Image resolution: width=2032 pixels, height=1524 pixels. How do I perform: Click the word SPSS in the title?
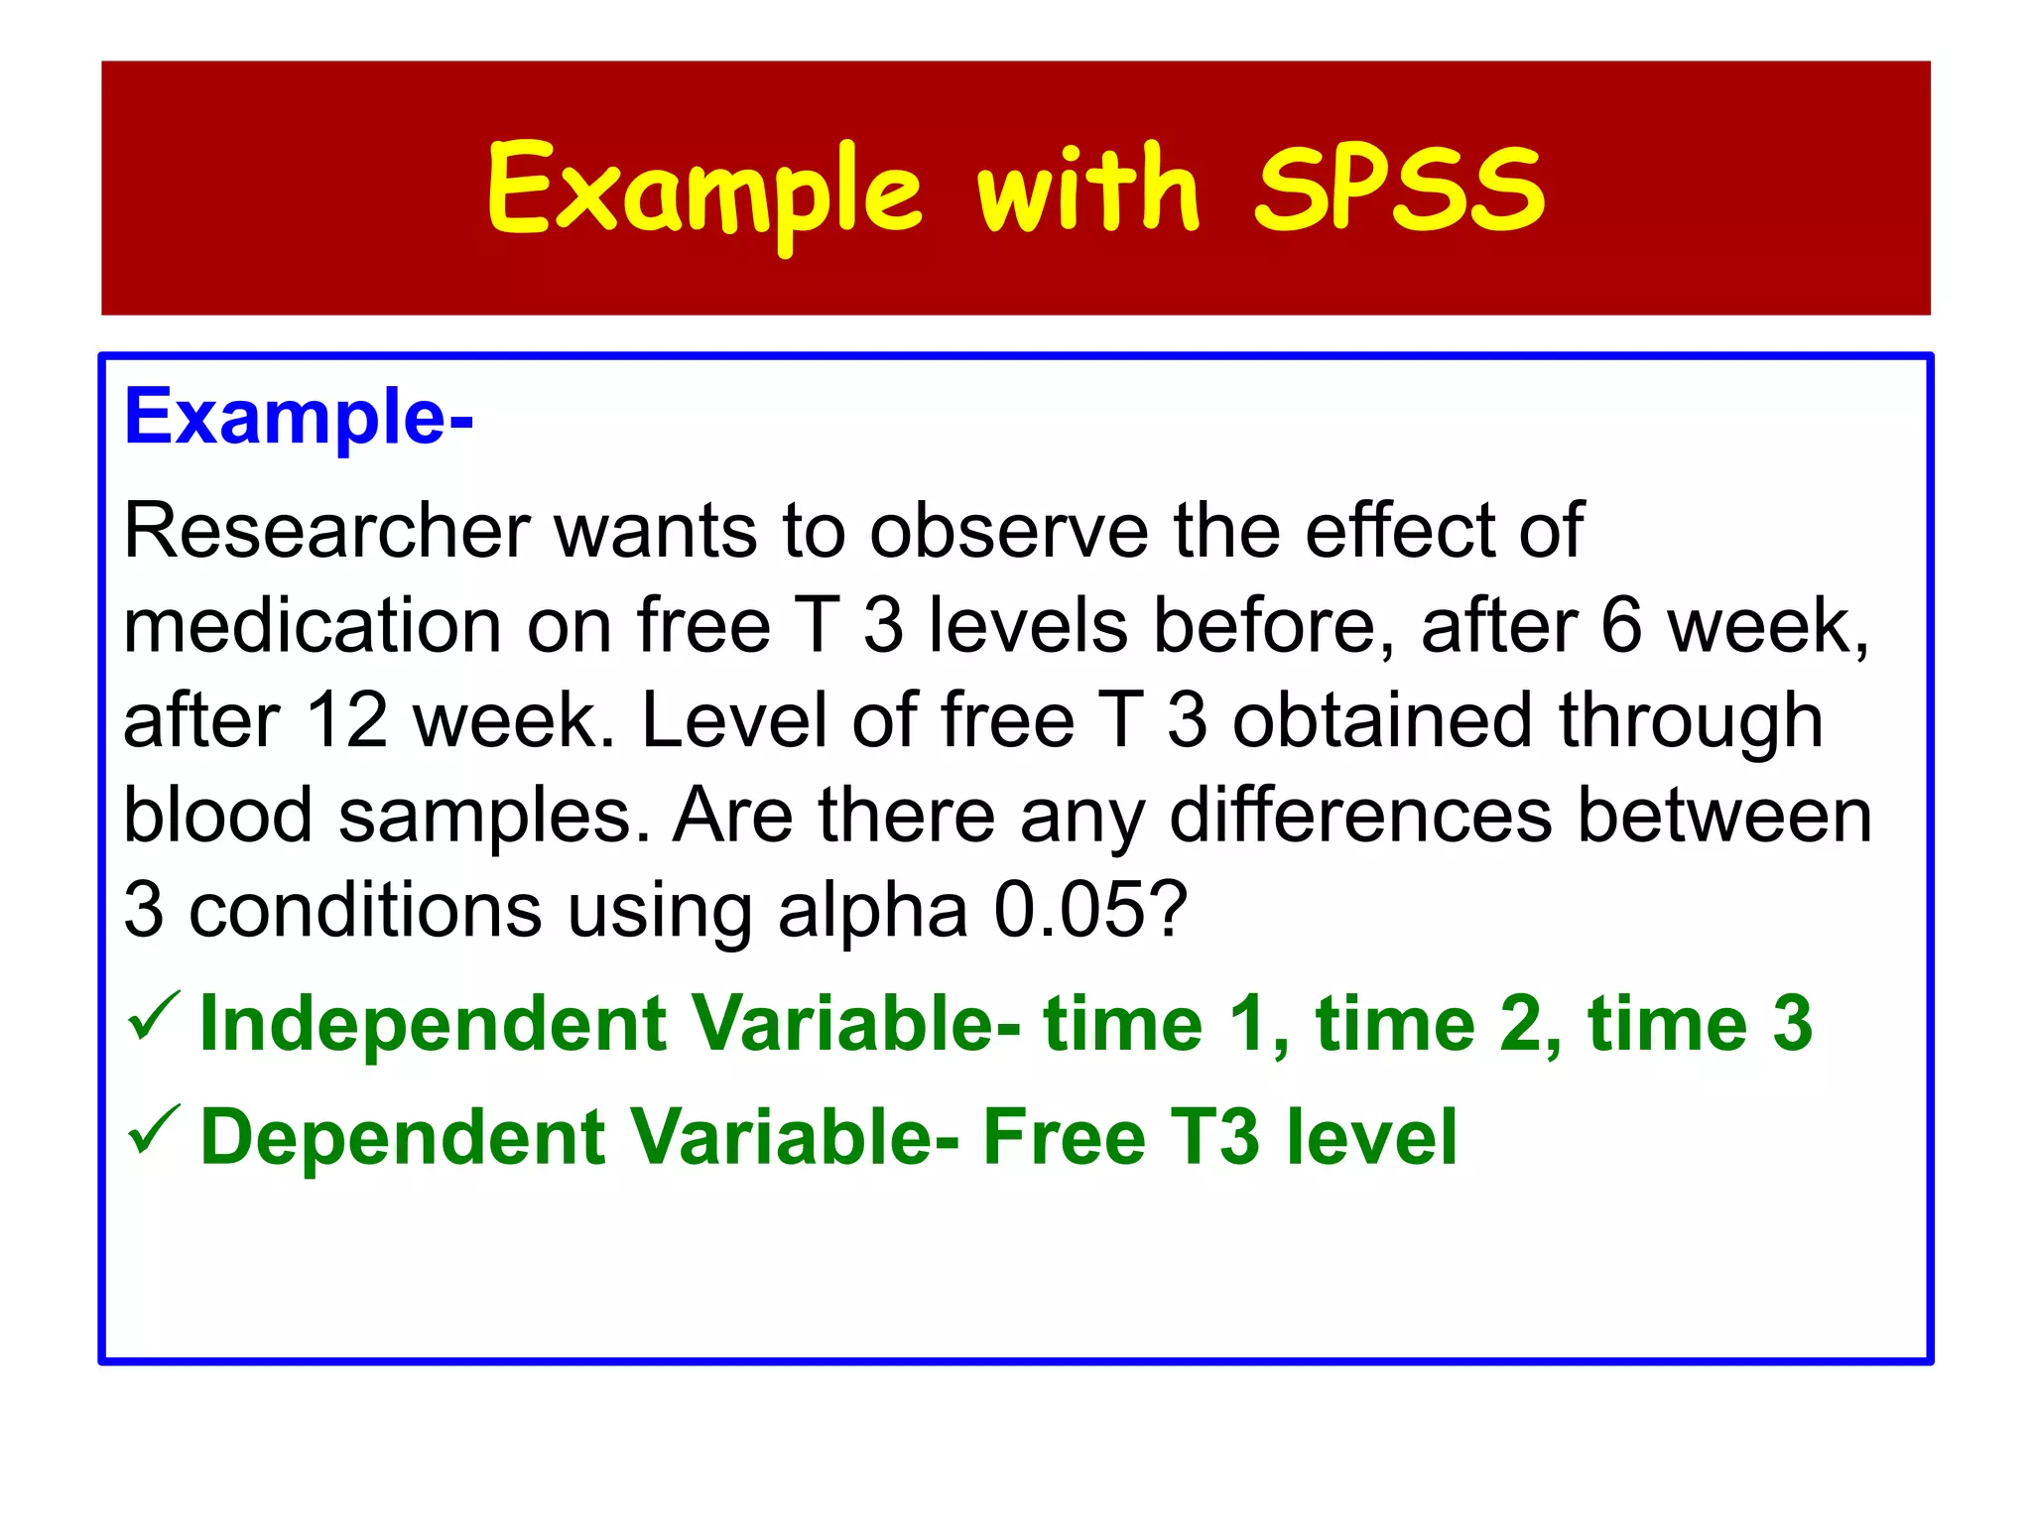click(1399, 189)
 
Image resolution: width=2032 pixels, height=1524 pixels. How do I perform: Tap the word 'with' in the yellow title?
click(1088, 189)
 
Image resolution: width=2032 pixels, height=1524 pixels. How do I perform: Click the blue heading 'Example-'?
click(298, 417)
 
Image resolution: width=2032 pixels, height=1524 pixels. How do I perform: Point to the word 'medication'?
click(313, 626)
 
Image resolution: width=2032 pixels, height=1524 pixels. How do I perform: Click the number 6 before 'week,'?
click(1621, 626)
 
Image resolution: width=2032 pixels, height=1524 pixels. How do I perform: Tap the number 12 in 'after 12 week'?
click(346, 720)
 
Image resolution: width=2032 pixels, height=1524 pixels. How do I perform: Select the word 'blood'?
click(217, 816)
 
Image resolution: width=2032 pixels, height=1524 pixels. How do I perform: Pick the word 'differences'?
click(1360, 816)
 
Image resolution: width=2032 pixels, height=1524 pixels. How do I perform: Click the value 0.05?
click(1089, 910)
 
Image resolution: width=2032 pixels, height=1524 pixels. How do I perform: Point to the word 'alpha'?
click(872, 910)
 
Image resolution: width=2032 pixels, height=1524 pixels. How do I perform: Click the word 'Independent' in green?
click(434, 1024)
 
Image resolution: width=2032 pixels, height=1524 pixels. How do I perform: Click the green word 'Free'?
click(1064, 1137)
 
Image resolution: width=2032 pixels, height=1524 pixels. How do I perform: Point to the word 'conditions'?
click(365, 910)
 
